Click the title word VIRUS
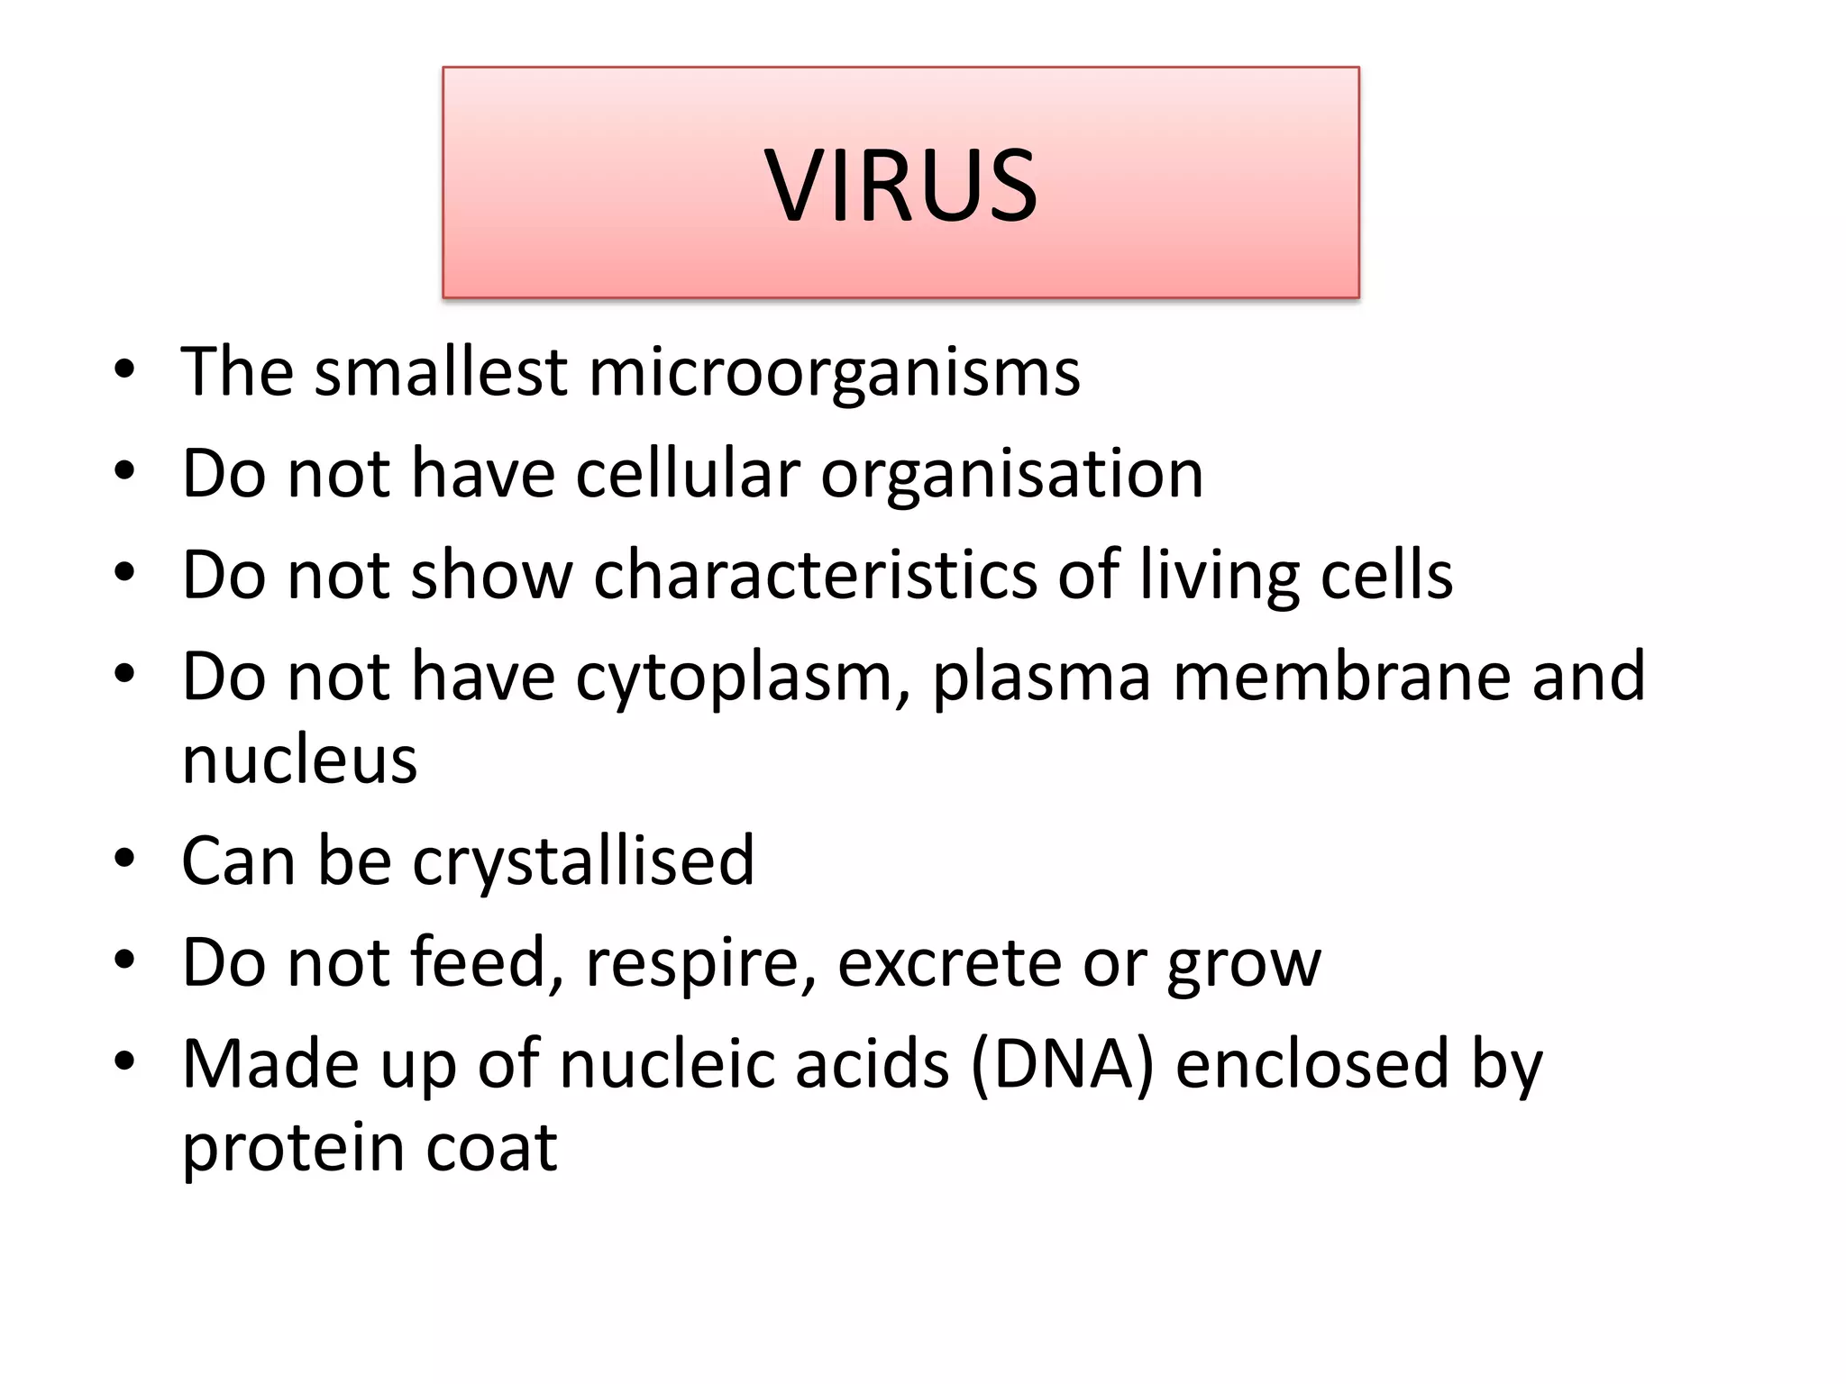click(901, 185)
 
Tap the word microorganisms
click(834, 372)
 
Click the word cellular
click(688, 474)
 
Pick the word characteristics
click(815, 575)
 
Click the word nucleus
click(299, 760)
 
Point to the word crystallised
click(583, 861)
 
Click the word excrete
click(949, 963)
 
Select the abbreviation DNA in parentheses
click(1063, 1064)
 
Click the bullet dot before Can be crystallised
click(124, 859)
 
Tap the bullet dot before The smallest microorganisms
click(124, 369)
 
